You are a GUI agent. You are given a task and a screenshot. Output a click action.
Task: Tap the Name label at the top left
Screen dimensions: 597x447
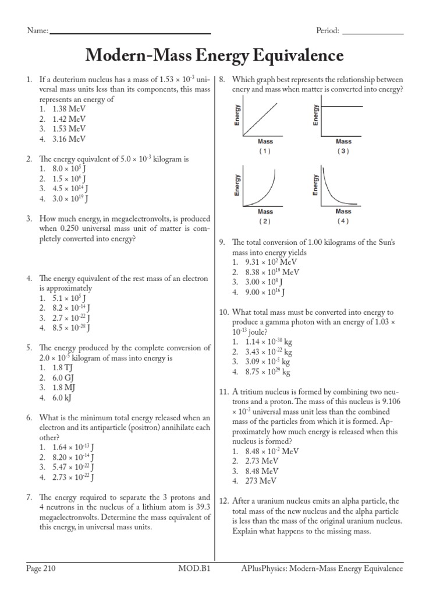click(37, 31)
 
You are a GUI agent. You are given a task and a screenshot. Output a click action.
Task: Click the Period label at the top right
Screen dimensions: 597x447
click(328, 31)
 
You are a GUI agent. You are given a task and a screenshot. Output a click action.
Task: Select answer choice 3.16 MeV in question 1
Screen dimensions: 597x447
click(69, 139)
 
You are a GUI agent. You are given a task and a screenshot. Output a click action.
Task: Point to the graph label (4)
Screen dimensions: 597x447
click(343, 222)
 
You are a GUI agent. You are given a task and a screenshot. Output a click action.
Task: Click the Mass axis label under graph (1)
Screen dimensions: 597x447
click(265, 142)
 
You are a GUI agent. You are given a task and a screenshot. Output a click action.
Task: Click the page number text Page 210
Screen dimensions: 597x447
click(41, 568)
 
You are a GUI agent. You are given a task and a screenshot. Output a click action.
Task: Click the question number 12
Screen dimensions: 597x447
click(224, 501)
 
